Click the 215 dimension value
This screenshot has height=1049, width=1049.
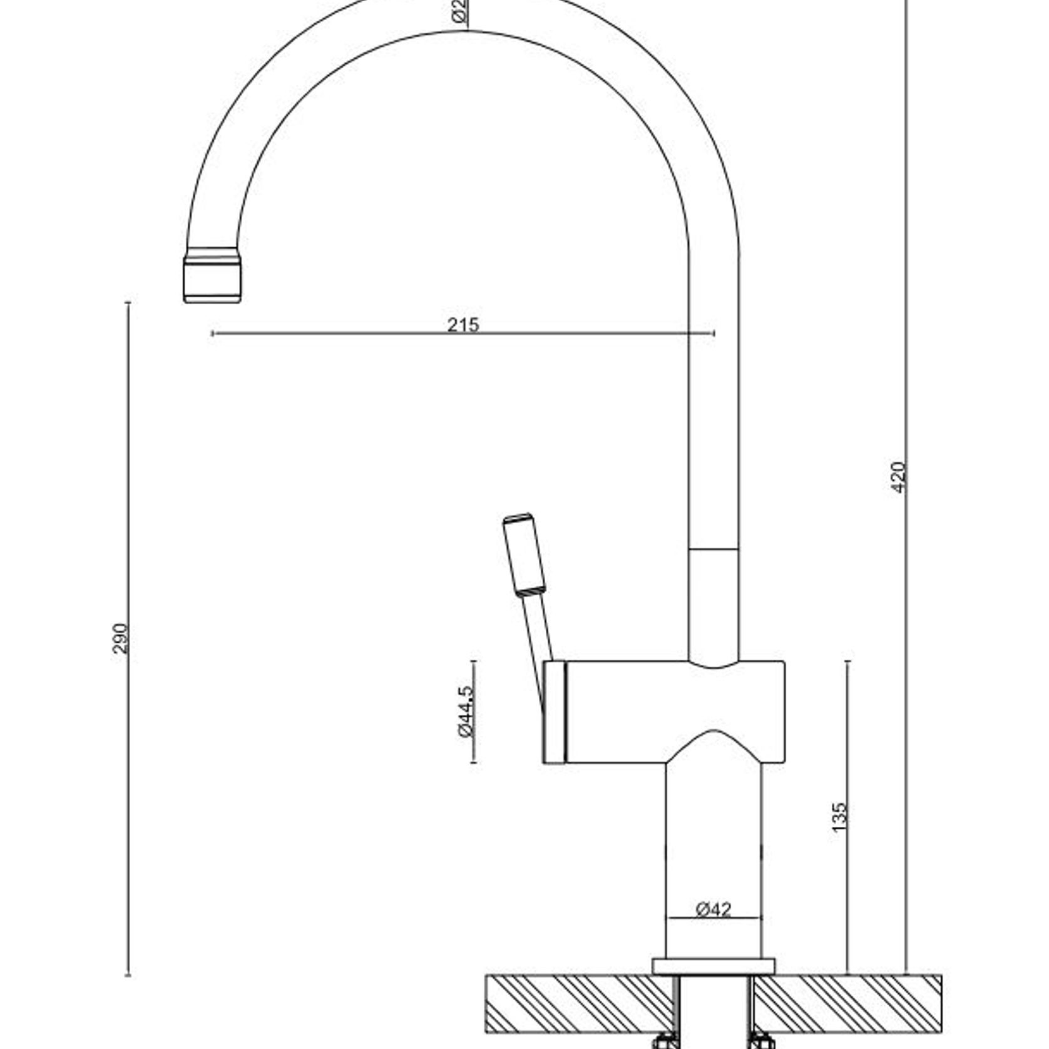(463, 325)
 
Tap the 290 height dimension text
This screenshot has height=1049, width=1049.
(120, 638)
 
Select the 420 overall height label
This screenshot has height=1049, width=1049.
(898, 477)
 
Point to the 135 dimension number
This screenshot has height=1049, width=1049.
(839, 817)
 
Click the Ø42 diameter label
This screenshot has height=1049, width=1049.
(713, 908)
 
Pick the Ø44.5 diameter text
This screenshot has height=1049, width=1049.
(466, 712)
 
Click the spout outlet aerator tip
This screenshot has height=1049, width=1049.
(212, 279)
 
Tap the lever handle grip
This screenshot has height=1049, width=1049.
(524, 553)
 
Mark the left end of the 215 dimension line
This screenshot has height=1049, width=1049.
(213, 334)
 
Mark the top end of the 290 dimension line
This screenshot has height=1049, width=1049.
(128, 303)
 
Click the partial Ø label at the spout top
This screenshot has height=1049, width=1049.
(459, 11)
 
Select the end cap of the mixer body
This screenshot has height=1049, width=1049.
(555, 712)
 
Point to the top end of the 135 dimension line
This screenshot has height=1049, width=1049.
(847, 662)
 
